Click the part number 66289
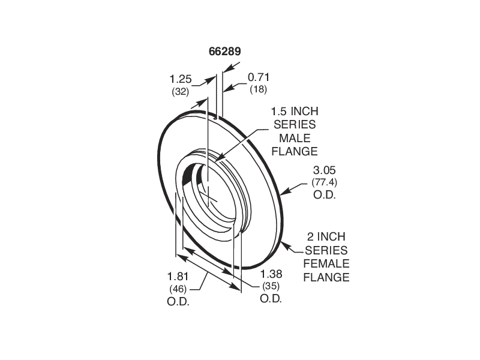pos(225,52)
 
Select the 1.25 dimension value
pos(180,79)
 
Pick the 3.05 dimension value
pos(323,171)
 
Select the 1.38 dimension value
pos(271,274)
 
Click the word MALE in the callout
pos(295,137)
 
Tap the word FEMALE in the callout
pos(326,264)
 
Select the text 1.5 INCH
pos(295,112)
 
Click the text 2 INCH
pos(326,237)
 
